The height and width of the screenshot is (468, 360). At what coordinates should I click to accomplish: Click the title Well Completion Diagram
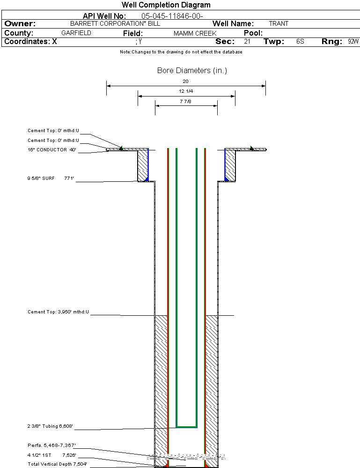point(166,5)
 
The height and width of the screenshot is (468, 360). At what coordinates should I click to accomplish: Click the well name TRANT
point(279,23)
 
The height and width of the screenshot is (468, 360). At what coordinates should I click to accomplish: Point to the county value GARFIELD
point(76,33)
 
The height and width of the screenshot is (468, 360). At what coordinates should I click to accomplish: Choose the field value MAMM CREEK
point(195,34)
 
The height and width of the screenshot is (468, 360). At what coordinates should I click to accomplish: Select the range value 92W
point(353,42)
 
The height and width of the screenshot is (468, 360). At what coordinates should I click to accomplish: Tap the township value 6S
point(300,42)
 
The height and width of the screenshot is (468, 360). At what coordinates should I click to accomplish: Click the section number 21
point(247,42)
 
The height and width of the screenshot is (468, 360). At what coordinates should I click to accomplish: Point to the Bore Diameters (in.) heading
point(192,71)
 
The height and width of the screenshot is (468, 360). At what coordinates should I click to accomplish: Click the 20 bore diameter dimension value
point(186,82)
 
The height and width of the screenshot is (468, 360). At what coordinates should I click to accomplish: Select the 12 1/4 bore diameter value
point(186,91)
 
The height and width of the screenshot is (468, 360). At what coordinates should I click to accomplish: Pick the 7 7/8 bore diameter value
point(186,101)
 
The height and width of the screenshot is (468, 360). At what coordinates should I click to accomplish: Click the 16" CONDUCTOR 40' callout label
point(52,150)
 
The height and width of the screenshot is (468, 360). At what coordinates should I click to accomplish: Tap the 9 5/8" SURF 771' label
point(51,178)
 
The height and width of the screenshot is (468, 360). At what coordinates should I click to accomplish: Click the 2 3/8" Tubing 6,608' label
point(50,427)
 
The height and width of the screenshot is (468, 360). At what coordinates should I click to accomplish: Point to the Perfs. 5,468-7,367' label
point(51,445)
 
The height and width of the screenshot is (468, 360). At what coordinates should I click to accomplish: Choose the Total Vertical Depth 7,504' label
point(57,464)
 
